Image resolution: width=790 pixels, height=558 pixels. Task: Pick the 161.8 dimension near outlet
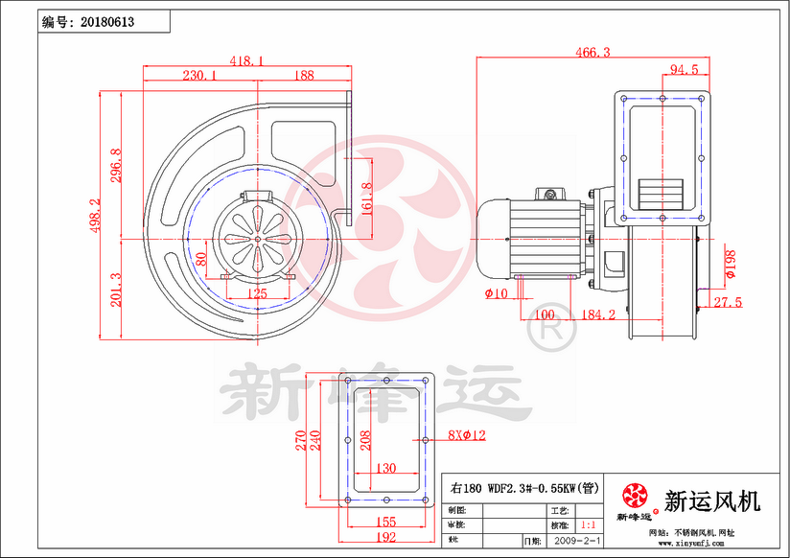(x=365, y=198)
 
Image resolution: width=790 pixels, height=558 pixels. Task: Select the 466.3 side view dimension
(x=592, y=53)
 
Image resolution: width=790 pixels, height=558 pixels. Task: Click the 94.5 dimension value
(x=683, y=69)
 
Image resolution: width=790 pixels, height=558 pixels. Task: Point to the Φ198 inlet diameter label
(x=730, y=263)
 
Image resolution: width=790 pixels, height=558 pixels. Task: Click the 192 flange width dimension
(x=383, y=539)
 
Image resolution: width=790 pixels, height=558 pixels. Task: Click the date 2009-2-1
(x=573, y=542)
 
